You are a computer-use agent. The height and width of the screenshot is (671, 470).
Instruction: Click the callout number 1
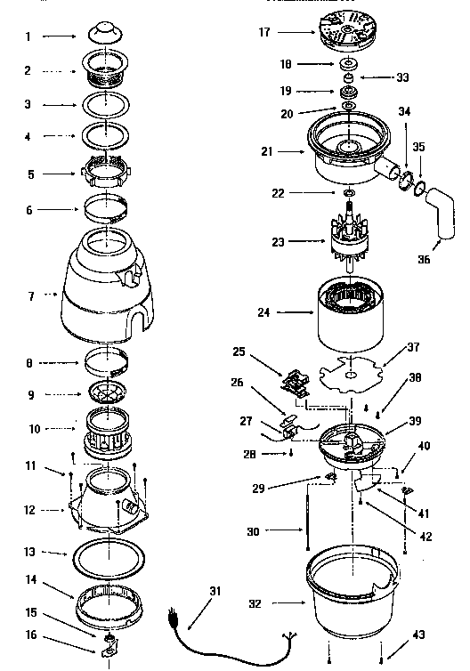tap(28, 37)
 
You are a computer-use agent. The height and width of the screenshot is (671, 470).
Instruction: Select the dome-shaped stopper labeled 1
tap(108, 34)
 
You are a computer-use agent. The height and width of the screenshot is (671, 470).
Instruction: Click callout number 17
tap(264, 33)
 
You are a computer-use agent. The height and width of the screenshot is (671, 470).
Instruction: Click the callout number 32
tap(255, 602)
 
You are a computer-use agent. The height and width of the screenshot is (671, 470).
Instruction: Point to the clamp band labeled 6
tap(108, 211)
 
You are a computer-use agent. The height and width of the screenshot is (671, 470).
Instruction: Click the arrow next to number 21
tap(290, 152)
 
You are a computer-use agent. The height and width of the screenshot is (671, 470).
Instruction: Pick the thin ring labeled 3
tap(108, 105)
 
